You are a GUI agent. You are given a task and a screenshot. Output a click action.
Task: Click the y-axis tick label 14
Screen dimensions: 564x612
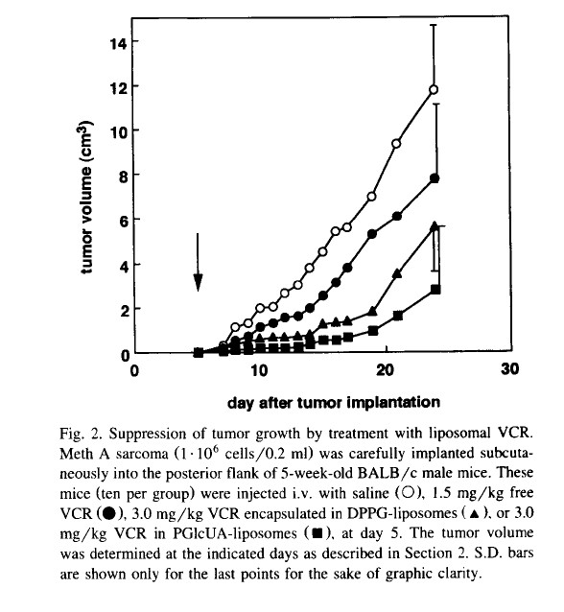tap(118, 43)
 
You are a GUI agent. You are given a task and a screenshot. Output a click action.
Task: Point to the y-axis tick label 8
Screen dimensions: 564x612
tap(123, 177)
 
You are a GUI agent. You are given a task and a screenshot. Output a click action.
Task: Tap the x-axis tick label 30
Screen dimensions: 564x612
tap(510, 368)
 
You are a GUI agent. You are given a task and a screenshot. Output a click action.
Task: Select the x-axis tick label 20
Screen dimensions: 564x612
tap(385, 369)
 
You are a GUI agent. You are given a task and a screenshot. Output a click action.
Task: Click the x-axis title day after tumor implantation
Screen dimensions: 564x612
tap(334, 402)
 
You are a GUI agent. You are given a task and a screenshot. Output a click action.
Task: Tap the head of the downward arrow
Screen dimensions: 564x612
tap(198, 282)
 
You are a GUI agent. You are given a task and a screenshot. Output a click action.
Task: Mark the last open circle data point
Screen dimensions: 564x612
tap(434, 90)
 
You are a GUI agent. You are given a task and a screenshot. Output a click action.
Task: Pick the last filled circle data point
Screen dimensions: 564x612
tap(435, 178)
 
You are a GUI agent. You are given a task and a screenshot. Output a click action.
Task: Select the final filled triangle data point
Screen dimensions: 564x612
tap(434, 226)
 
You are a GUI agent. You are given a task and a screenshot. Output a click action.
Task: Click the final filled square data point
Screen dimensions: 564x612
tap(435, 290)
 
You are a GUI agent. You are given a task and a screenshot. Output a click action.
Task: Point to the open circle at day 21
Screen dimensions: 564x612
tap(396, 144)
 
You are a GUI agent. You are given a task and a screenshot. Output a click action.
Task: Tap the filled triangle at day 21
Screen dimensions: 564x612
tap(397, 273)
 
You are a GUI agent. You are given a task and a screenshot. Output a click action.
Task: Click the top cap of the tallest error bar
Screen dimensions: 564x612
tap(434, 25)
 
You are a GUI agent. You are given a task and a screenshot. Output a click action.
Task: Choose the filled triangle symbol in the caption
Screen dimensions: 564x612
tap(474, 513)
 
